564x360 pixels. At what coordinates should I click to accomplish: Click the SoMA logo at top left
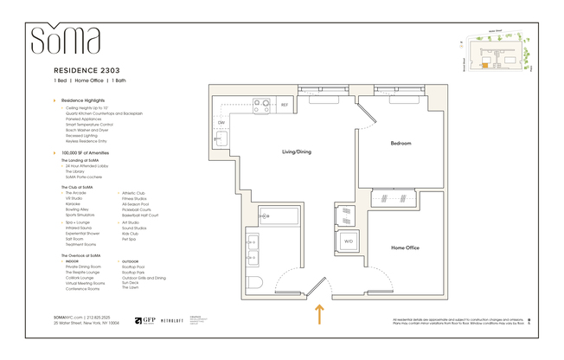[x=66, y=40]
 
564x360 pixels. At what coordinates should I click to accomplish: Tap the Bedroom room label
[x=400, y=143]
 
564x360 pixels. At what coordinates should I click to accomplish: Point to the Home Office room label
[x=405, y=248]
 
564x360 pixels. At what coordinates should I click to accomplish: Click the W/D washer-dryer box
[x=349, y=241]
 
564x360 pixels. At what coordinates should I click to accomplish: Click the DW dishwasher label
[x=221, y=122]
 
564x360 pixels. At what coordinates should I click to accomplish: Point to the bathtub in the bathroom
[x=277, y=215]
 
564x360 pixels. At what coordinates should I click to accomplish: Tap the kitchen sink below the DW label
[x=220, y=139]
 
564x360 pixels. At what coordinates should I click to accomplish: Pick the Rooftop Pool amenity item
[x=133, y=267]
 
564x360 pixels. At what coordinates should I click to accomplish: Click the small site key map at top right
[x=491, y=55]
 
